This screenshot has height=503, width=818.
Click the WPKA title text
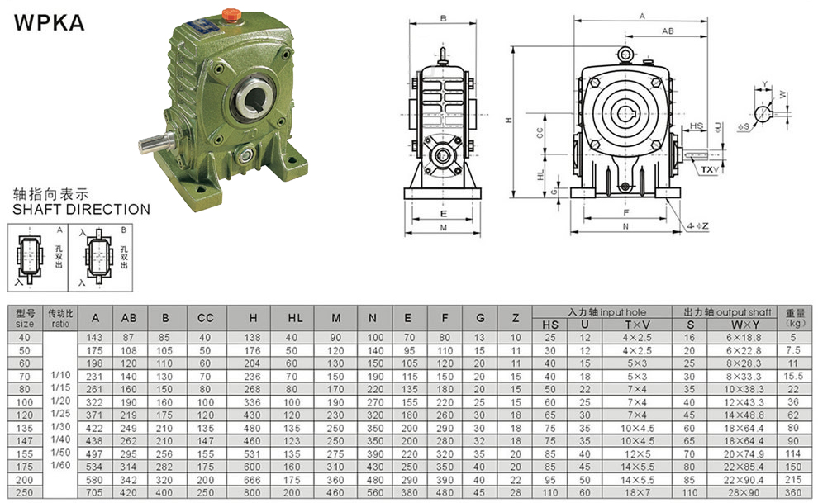(49, 23)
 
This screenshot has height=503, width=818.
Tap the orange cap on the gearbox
(231, 15)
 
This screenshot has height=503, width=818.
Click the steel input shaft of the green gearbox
(156, 142)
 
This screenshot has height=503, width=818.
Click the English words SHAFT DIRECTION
(81, 210)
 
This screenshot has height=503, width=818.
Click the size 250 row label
(25, 492)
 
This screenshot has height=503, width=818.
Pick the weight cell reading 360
(793, 492)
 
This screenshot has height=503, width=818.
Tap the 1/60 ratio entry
(60, 466)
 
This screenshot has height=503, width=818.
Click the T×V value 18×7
(637, 492)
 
